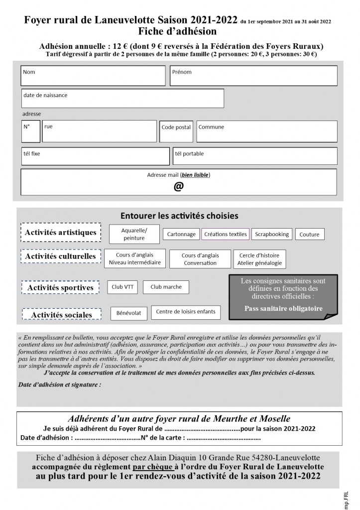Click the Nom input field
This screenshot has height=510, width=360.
(x=93, y=75)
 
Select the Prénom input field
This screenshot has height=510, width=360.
(x=253, y=75)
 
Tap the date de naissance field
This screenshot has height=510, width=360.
(x=122, y=98)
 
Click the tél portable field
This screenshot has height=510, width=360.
(x=254, y=156)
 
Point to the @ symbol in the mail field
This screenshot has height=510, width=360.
(x=178, y=186)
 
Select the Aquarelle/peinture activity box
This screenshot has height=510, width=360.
(x=134, y=234)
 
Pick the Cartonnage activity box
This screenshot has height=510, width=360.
(x=181, y=234)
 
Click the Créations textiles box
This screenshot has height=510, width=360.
(x=225, y=234)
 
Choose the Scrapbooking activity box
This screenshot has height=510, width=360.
(x=271, y=234)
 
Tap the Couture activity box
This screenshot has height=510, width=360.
(x=310, y=234)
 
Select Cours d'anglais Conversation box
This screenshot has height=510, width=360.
(x=200, y=259)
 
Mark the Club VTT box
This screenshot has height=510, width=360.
(x=122, y=287)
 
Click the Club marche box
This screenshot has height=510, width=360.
(x=166, y=287)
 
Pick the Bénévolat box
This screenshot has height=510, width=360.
(x=128, y=313)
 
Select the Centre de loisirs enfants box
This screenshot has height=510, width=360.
(x=185, y=312)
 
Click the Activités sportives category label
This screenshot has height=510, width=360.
(x=60, y=288)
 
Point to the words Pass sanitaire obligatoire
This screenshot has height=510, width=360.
(x=283, y=308)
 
